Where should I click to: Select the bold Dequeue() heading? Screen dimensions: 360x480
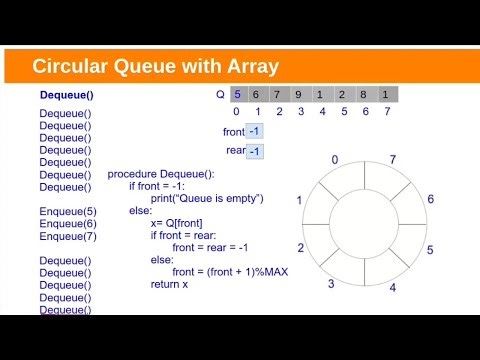pyautogui.click(x=65, y=96)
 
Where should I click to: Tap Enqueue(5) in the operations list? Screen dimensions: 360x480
pyautogui.click(x=68, y=212)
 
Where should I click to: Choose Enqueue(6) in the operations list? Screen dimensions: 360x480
pyautogui.click(x=68, y=224)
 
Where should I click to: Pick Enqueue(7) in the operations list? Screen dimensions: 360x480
pyautogui.click(x=68, y=237)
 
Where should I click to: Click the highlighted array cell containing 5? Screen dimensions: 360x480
pyautogui.click(x=236, y=95)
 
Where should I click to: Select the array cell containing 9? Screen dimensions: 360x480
pyautogui.click(x=301, y=95)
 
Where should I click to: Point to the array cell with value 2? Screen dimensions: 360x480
pyautogui.click(x=344, y=95)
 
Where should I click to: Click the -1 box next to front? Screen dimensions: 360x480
pyautogui.click(x=254, y=131)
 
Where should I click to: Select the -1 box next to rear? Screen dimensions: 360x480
pyautogui.click(x=254, y=151)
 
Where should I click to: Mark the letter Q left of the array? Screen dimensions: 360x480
pyautogui.click(x=220, y=95)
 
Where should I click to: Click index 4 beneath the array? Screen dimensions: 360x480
pyautogui.click(x=322, y=112)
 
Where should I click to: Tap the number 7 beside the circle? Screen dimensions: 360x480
pyautogui.click(x=392, y=160)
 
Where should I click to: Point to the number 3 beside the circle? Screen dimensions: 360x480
pyautogui.click(x=331, y=284)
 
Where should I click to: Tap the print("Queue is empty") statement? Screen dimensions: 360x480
pyautogui.click(x=207, y=198)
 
